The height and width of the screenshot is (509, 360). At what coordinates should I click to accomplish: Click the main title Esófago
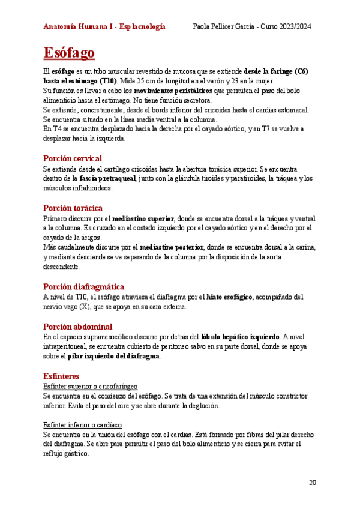click(69, 53)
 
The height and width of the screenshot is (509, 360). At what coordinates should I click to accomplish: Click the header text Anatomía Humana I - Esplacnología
click(105, 27)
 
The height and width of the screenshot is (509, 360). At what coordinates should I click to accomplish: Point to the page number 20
click(312, 482)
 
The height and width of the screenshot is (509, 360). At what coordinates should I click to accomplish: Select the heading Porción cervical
click(73, 158)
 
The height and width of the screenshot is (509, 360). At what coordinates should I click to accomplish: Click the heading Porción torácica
click(73, 208)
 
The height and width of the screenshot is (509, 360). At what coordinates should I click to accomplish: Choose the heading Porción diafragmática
click(83, 286)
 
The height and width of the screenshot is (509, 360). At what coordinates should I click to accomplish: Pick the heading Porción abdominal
click(77, 326)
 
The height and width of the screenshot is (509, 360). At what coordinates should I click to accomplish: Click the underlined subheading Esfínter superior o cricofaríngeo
click(91, 386)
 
